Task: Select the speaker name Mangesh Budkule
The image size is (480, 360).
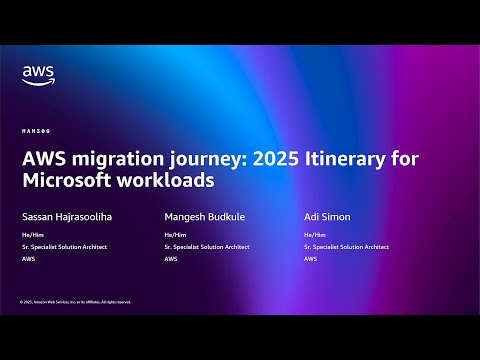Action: click(203, 215)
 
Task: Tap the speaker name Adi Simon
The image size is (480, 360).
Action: click(327, 215)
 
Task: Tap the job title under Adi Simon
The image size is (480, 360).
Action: click(346, 246)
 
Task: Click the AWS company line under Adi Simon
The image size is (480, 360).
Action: click(310, 258)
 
